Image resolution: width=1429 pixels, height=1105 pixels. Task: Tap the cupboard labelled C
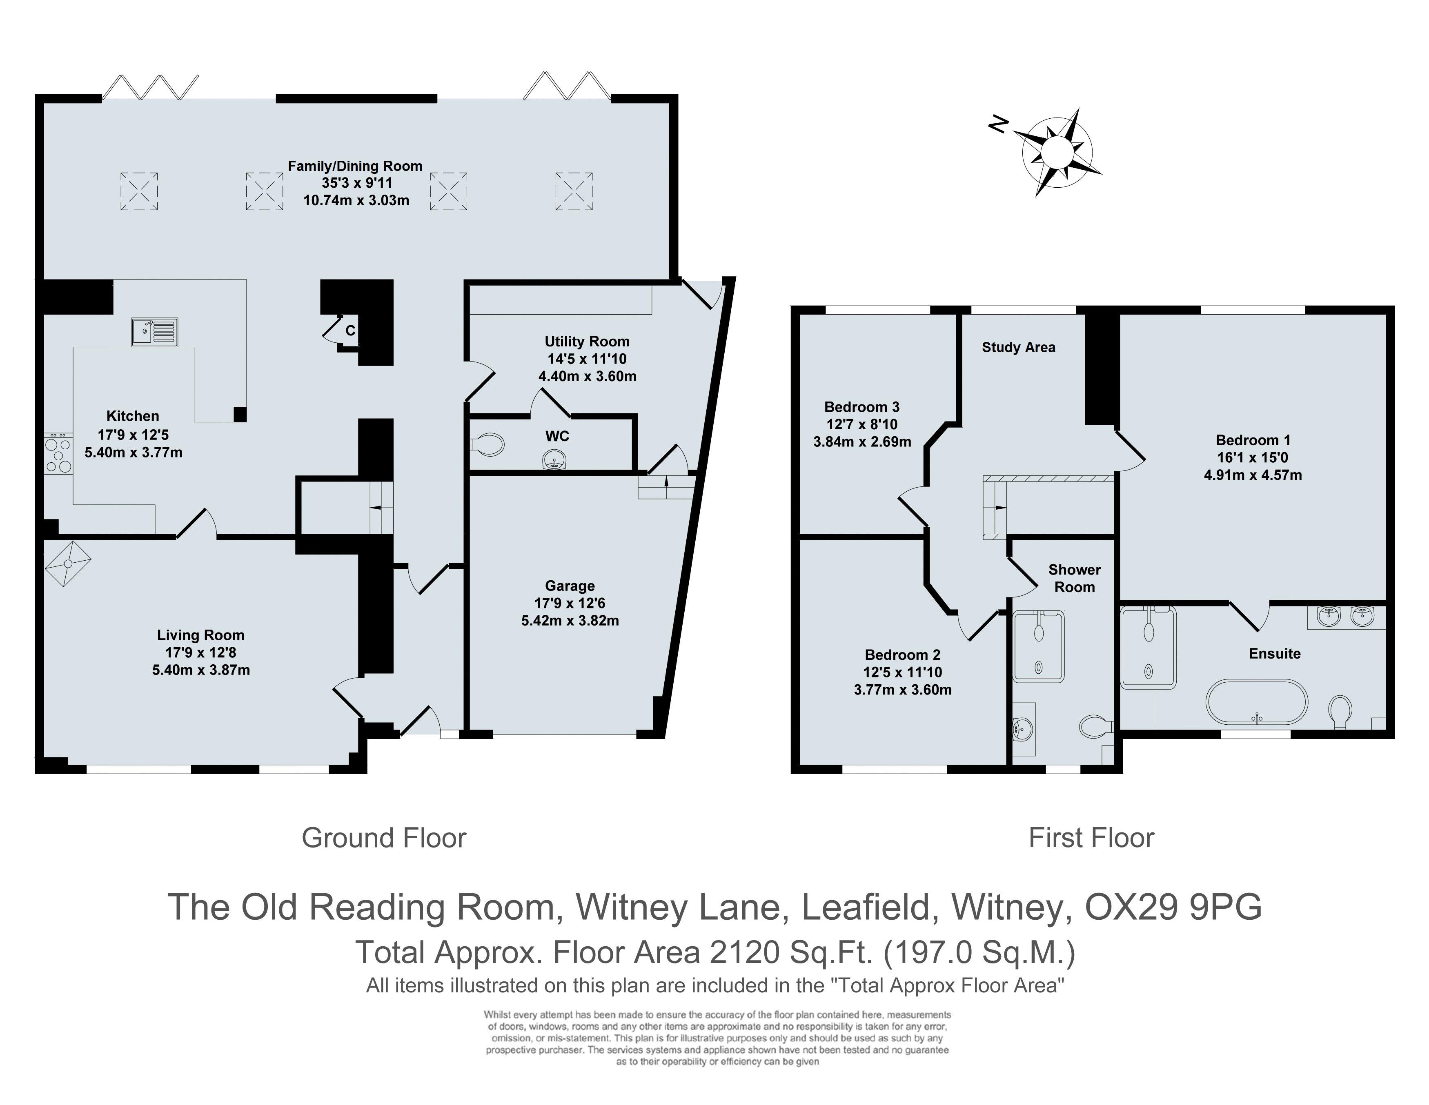350,331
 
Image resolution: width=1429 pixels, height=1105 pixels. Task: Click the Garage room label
570,586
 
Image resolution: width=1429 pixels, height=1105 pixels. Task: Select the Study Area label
1018,347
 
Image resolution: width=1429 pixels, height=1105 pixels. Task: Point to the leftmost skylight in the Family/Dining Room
139,191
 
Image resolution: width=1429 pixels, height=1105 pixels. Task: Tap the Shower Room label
1074,578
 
